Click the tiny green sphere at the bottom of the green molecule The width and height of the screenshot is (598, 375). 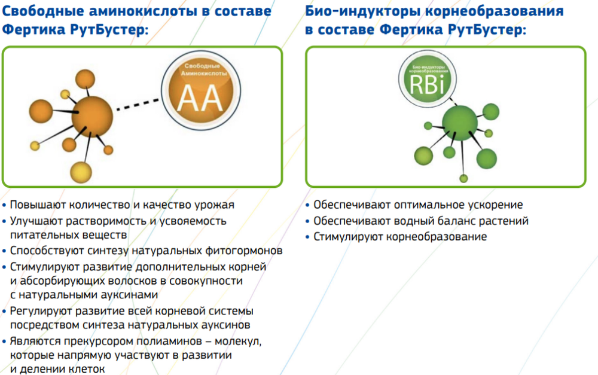463,178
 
